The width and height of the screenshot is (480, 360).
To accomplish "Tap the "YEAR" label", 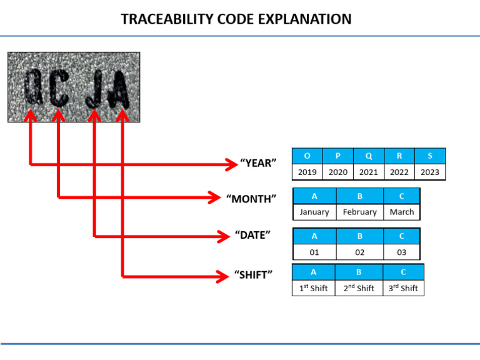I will (x=258, y=164).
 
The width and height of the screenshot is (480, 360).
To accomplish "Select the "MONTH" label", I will (x=252, y=199).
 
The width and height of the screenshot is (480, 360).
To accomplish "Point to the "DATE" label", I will (x=252, y=236).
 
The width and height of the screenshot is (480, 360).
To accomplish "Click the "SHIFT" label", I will (x=253, y=275).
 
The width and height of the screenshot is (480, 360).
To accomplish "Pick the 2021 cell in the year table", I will (x=369, y=172).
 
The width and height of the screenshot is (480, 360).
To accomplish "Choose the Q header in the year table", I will (x=369, y=156).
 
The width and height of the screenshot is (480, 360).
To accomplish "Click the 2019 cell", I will (x=307, y=172).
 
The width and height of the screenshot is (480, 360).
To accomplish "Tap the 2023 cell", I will (x=430, y=172).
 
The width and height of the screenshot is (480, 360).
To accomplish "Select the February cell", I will (x=359, y=212).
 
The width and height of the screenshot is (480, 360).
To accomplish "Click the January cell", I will (x=314, y=212).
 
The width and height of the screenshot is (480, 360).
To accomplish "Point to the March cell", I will (x=401, y=212).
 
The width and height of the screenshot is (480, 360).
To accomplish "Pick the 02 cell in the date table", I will (x=359, y=252).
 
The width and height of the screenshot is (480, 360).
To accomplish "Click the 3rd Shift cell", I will (x=403, y=288).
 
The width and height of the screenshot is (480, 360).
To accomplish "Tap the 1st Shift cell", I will (x=313, y=288).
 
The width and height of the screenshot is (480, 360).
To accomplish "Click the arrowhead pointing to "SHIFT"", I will (x=224, y=276).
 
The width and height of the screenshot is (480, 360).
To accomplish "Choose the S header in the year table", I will (x=430, y=156).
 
